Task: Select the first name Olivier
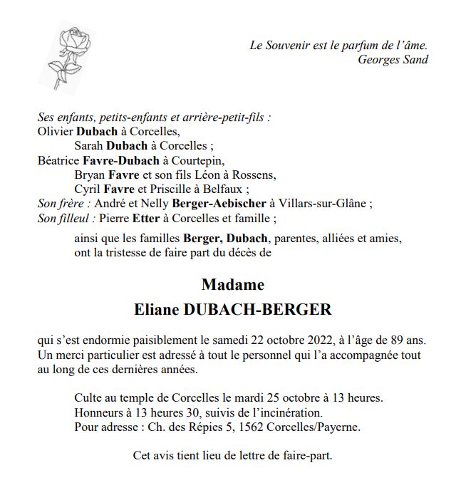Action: [x=54, y=131]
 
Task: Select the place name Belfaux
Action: [x=227, y=189]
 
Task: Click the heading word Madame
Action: [x=232, y=286]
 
